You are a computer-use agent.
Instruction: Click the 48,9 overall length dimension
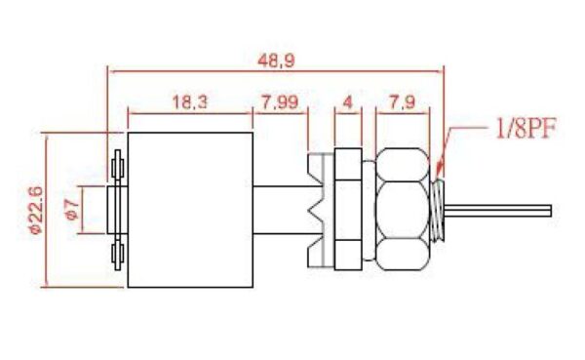[276, 60]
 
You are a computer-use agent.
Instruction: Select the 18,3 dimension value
[189, 101]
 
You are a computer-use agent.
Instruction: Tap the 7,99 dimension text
[280, 101]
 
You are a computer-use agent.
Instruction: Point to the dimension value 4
[347, 101]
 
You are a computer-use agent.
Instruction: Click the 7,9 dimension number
[402, 101]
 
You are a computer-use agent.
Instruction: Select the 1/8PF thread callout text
[526, 128]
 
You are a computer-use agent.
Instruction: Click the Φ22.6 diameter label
[37, 211]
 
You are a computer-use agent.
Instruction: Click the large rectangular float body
[190, 210]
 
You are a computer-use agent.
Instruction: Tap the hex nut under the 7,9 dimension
[403, 209]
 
